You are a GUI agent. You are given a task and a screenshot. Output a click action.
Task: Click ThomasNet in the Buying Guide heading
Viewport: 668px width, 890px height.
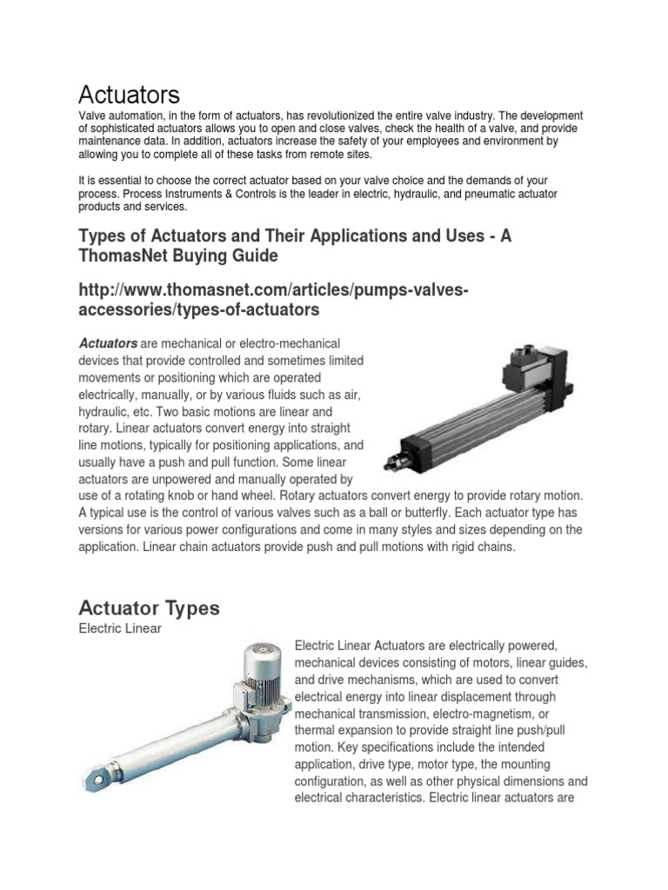tap(130, 256)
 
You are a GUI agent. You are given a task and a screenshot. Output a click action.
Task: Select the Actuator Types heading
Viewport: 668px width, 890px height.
tap(149, 608)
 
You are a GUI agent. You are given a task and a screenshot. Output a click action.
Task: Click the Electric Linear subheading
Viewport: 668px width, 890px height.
tap(120, 628)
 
